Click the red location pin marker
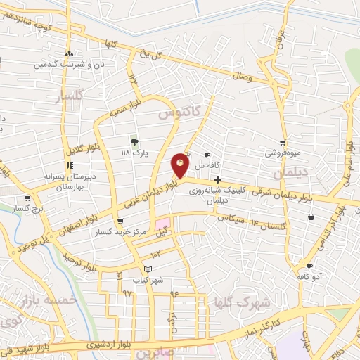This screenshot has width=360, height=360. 181,164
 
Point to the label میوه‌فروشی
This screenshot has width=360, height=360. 283,152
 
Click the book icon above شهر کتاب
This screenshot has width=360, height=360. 147,269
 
